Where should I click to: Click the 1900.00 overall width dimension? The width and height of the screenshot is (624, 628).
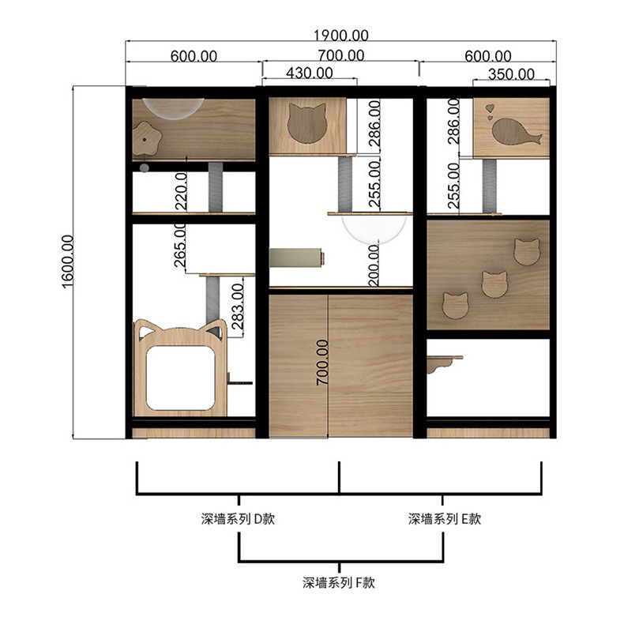point(340,36)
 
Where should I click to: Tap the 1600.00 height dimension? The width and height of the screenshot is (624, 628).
point(68,261)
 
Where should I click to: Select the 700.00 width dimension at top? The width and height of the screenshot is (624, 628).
point(341,55)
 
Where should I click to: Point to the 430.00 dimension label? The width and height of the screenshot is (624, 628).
point(309,73)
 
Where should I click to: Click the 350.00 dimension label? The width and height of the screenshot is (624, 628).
point(511,74)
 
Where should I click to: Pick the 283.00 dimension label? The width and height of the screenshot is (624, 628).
point(238,306)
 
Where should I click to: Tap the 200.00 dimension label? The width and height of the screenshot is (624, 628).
point(374,265)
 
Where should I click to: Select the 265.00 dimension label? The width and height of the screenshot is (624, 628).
point(180,245)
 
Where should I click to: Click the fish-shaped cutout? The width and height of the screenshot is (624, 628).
point(517,132)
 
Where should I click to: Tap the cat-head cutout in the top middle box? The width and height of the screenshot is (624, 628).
point(307,123)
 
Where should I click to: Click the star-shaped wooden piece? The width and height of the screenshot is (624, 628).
point(147,138)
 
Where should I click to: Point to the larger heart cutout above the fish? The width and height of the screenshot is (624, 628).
point(490,108)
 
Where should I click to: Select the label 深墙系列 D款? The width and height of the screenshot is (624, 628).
point(238,519)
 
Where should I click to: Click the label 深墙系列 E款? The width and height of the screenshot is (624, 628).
point(444,519)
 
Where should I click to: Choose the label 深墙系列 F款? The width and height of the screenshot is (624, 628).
point(338,582)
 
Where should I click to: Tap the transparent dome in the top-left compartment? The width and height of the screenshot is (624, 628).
point(174,108)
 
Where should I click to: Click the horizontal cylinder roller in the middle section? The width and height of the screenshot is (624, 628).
point(296,258)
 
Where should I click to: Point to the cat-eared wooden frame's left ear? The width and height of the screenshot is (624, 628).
point(144,329)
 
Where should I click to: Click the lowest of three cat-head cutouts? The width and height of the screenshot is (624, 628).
point(455,306)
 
